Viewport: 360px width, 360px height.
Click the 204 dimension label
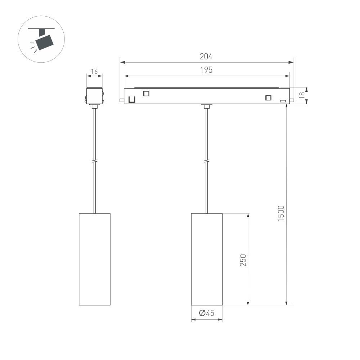click(x=206, y=57)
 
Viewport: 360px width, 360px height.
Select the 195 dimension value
click(x=206, y=70)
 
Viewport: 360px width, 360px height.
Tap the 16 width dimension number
click(x=94, y=72)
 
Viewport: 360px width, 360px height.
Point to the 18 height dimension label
click(x=302, y=96)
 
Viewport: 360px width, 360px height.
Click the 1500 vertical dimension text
click(x=281, y=213)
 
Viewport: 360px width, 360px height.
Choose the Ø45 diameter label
click(x=206, y=313)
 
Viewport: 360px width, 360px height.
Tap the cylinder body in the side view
click(x=94, y=259)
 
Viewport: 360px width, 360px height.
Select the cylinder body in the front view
click(x=207, y=259)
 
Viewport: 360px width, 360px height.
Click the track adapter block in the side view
click(x=94, y=95)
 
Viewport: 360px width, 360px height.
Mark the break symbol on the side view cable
click(x=94, y=162)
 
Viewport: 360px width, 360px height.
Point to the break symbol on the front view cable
click(x=207, y=162)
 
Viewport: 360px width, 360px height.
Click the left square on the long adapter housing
click(x=146, y=94)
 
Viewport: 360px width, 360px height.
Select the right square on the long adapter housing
click(x=268, y=98)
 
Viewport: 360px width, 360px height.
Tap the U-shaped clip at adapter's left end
click(x=132, y=99)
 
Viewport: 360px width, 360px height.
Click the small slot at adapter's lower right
click(x=283, y=101)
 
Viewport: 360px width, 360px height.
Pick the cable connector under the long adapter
click(x=207, y=106)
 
